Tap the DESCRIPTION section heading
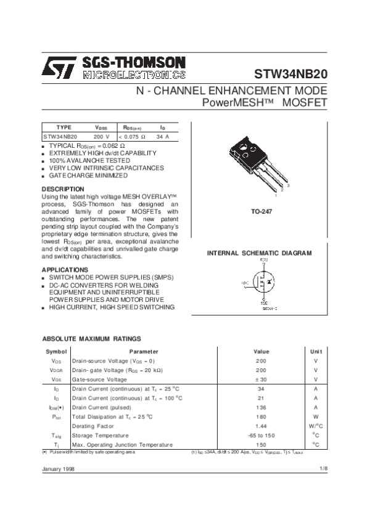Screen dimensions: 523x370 (x=63, y=189)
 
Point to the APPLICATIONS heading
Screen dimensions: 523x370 (x=65, y=270)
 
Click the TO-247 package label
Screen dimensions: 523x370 (x=261, y=211)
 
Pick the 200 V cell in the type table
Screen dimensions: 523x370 (x=101, y=136)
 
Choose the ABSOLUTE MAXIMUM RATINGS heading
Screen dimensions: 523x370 (x=91, y=339)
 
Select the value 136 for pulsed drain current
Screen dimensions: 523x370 (x=261, y=407)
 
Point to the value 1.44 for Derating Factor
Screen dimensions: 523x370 (x=261, y=426)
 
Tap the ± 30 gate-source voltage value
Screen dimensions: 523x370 (x=261, y=379)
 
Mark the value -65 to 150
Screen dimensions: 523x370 (x=261, y=435)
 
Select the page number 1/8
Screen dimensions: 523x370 (x=323, y=470)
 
